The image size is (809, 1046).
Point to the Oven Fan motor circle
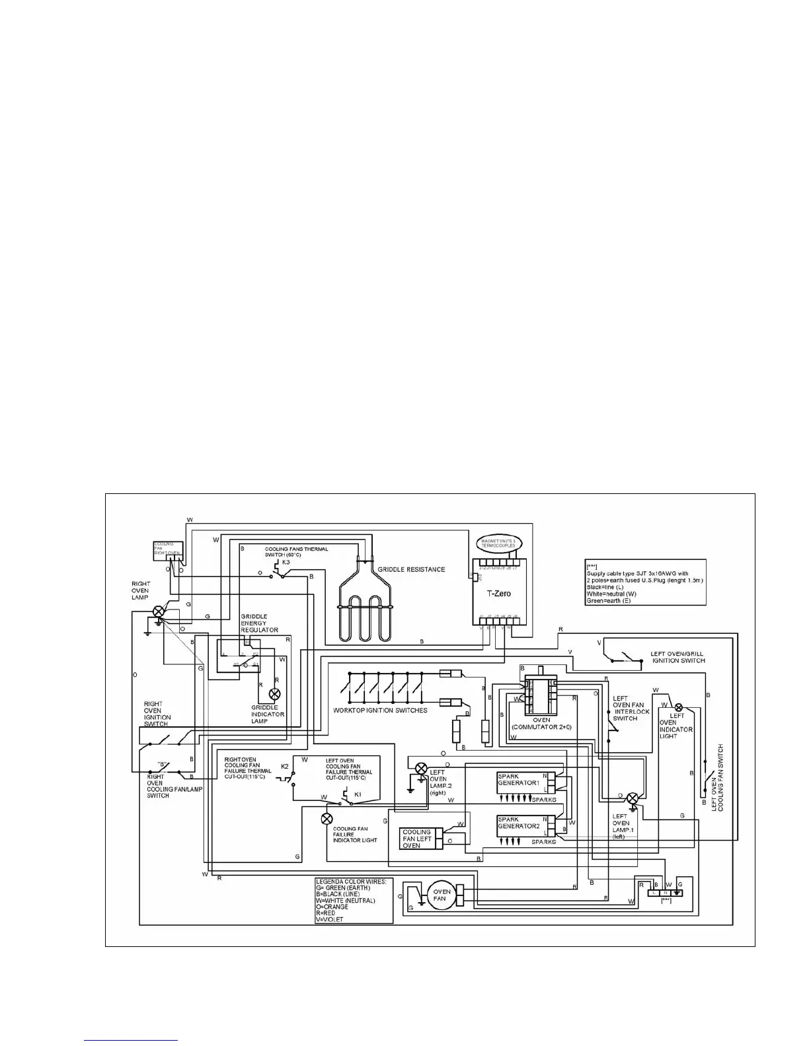(x=441, y=895)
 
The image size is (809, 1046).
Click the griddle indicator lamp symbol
(x=274, y=694)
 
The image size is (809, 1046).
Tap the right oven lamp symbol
(x=159, y=611)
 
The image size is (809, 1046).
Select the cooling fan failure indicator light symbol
(x=327, y=819)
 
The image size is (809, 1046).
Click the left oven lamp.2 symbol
(x=420, y=768)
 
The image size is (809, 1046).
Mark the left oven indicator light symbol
(x=677, y=707)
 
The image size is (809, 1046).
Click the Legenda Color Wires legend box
(x=354, y=900)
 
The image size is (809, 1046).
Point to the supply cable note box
(x=644, y=582)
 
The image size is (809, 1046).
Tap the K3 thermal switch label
(x=286, y=562)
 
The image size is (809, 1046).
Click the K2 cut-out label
(x=285, y=766)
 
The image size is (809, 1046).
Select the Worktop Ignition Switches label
(x=380, y=711)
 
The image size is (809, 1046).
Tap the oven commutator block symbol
(x=541, y=695)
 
